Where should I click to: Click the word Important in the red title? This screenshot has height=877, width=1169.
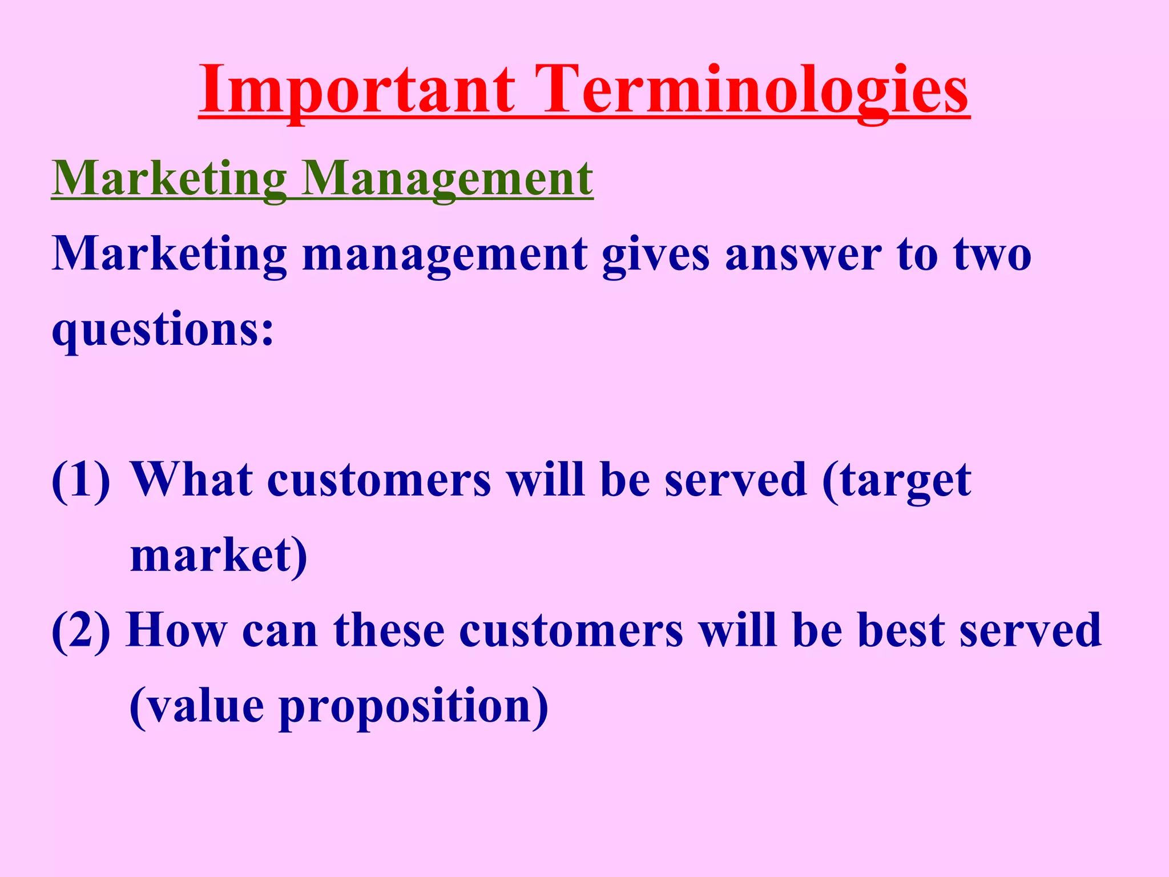tap(357, 90)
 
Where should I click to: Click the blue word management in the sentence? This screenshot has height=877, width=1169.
tap(445, 255)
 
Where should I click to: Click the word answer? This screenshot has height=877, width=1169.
tap(803, 255)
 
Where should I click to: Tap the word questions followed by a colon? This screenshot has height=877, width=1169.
tap(163, 331)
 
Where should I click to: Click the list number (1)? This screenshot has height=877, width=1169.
tap(80, 481)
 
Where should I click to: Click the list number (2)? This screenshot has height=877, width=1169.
tap(80, 631)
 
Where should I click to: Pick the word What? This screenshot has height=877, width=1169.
tap(192, 481)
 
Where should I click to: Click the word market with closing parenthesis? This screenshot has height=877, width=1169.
tap(219, 556)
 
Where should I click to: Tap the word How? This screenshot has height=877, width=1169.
tap(176, 631)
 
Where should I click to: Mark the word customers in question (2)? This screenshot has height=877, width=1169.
tap(571, 631)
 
